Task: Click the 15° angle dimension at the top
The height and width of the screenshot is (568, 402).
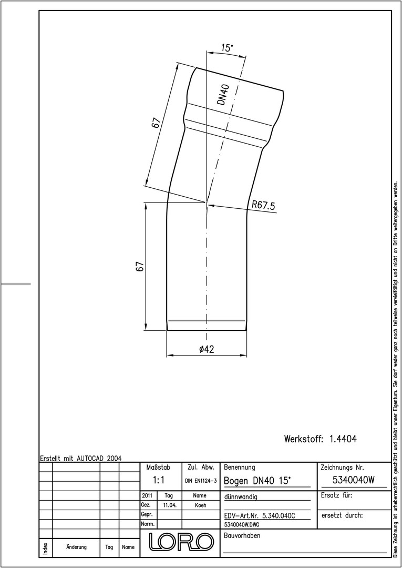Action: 227,48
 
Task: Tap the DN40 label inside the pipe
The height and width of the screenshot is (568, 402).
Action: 224,94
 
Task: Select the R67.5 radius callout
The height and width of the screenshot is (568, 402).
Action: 263,205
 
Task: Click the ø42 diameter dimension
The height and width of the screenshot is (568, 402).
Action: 207,349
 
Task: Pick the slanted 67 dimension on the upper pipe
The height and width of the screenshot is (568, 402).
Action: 156,123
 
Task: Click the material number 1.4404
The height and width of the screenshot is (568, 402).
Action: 343,439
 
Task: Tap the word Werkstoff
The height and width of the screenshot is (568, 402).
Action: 303,439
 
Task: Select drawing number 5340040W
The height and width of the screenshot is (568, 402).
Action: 353,480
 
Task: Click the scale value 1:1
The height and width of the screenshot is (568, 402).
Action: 159,480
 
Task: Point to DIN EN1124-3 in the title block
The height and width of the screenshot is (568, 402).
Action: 201,481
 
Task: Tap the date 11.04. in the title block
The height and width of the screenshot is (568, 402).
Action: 170,505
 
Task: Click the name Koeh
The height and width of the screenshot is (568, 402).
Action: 200,505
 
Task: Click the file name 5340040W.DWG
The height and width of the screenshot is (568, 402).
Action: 242,524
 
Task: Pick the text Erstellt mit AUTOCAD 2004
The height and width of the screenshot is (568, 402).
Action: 81,458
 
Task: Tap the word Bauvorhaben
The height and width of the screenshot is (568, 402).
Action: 242,536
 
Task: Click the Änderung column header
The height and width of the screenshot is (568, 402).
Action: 76,547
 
